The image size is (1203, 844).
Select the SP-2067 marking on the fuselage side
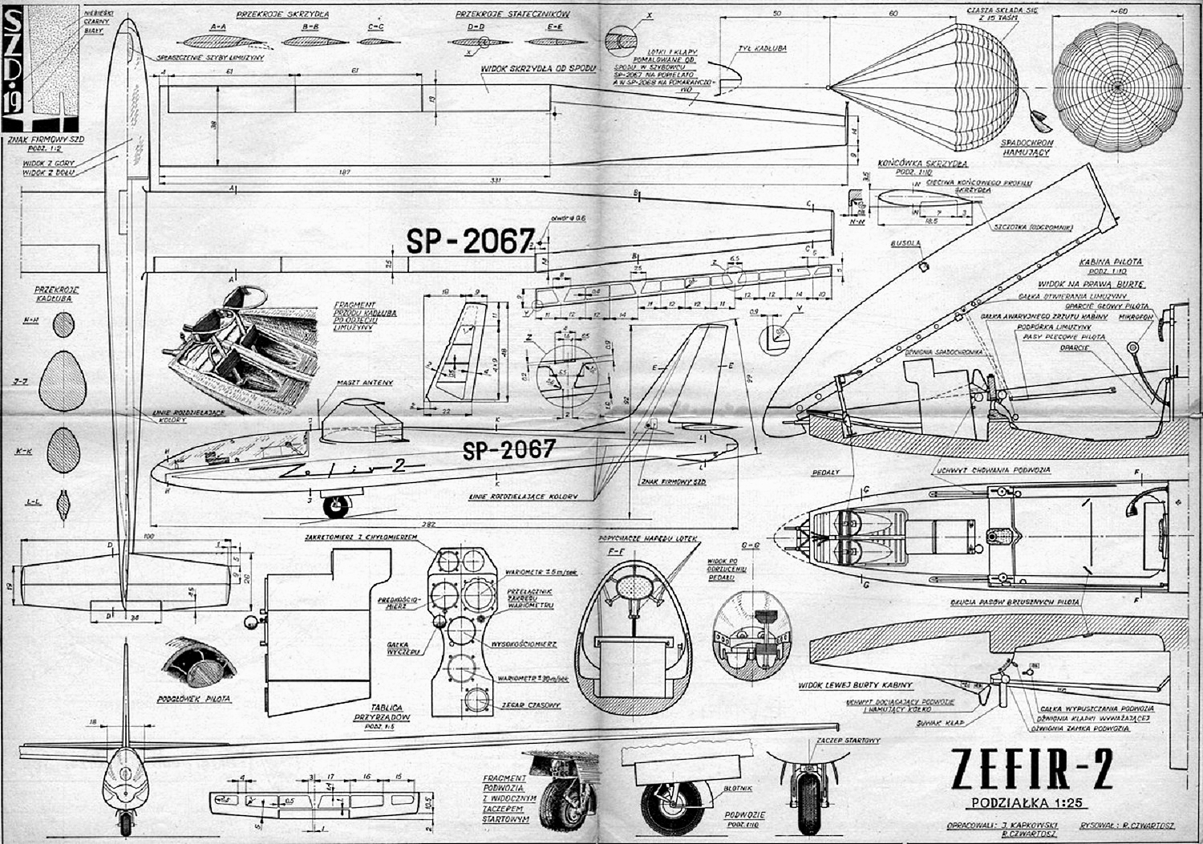(x=508, y=450)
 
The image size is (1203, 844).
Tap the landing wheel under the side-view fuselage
(x=335, y=505)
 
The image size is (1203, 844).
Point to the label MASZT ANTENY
(x=367, y=383)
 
